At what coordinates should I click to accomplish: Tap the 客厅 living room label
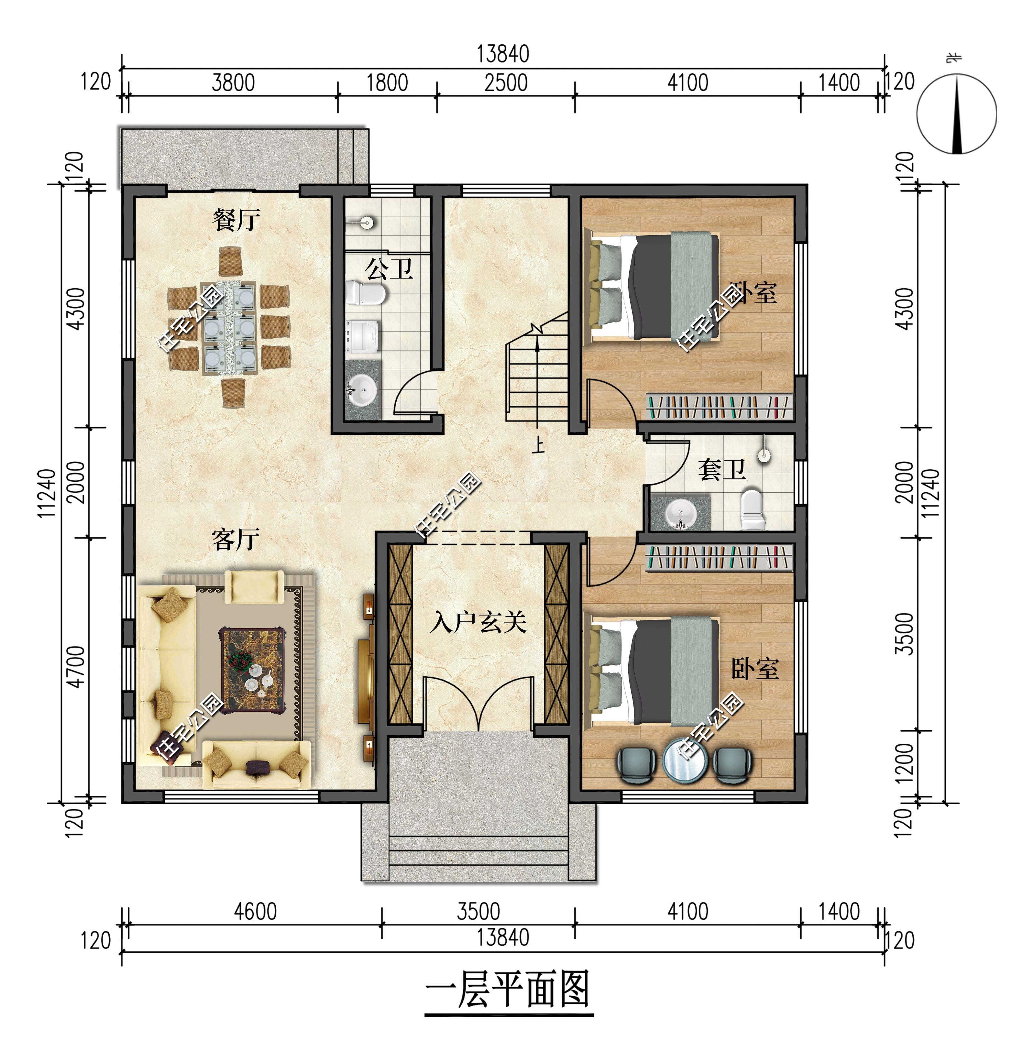(236, 539)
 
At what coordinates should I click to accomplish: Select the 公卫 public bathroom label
(389, 269)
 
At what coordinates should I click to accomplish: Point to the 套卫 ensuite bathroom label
(722, 469)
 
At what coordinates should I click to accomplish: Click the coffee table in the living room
(253, 671)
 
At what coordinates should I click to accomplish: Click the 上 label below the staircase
(538, 445)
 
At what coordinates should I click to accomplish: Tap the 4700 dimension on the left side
(77, 667)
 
